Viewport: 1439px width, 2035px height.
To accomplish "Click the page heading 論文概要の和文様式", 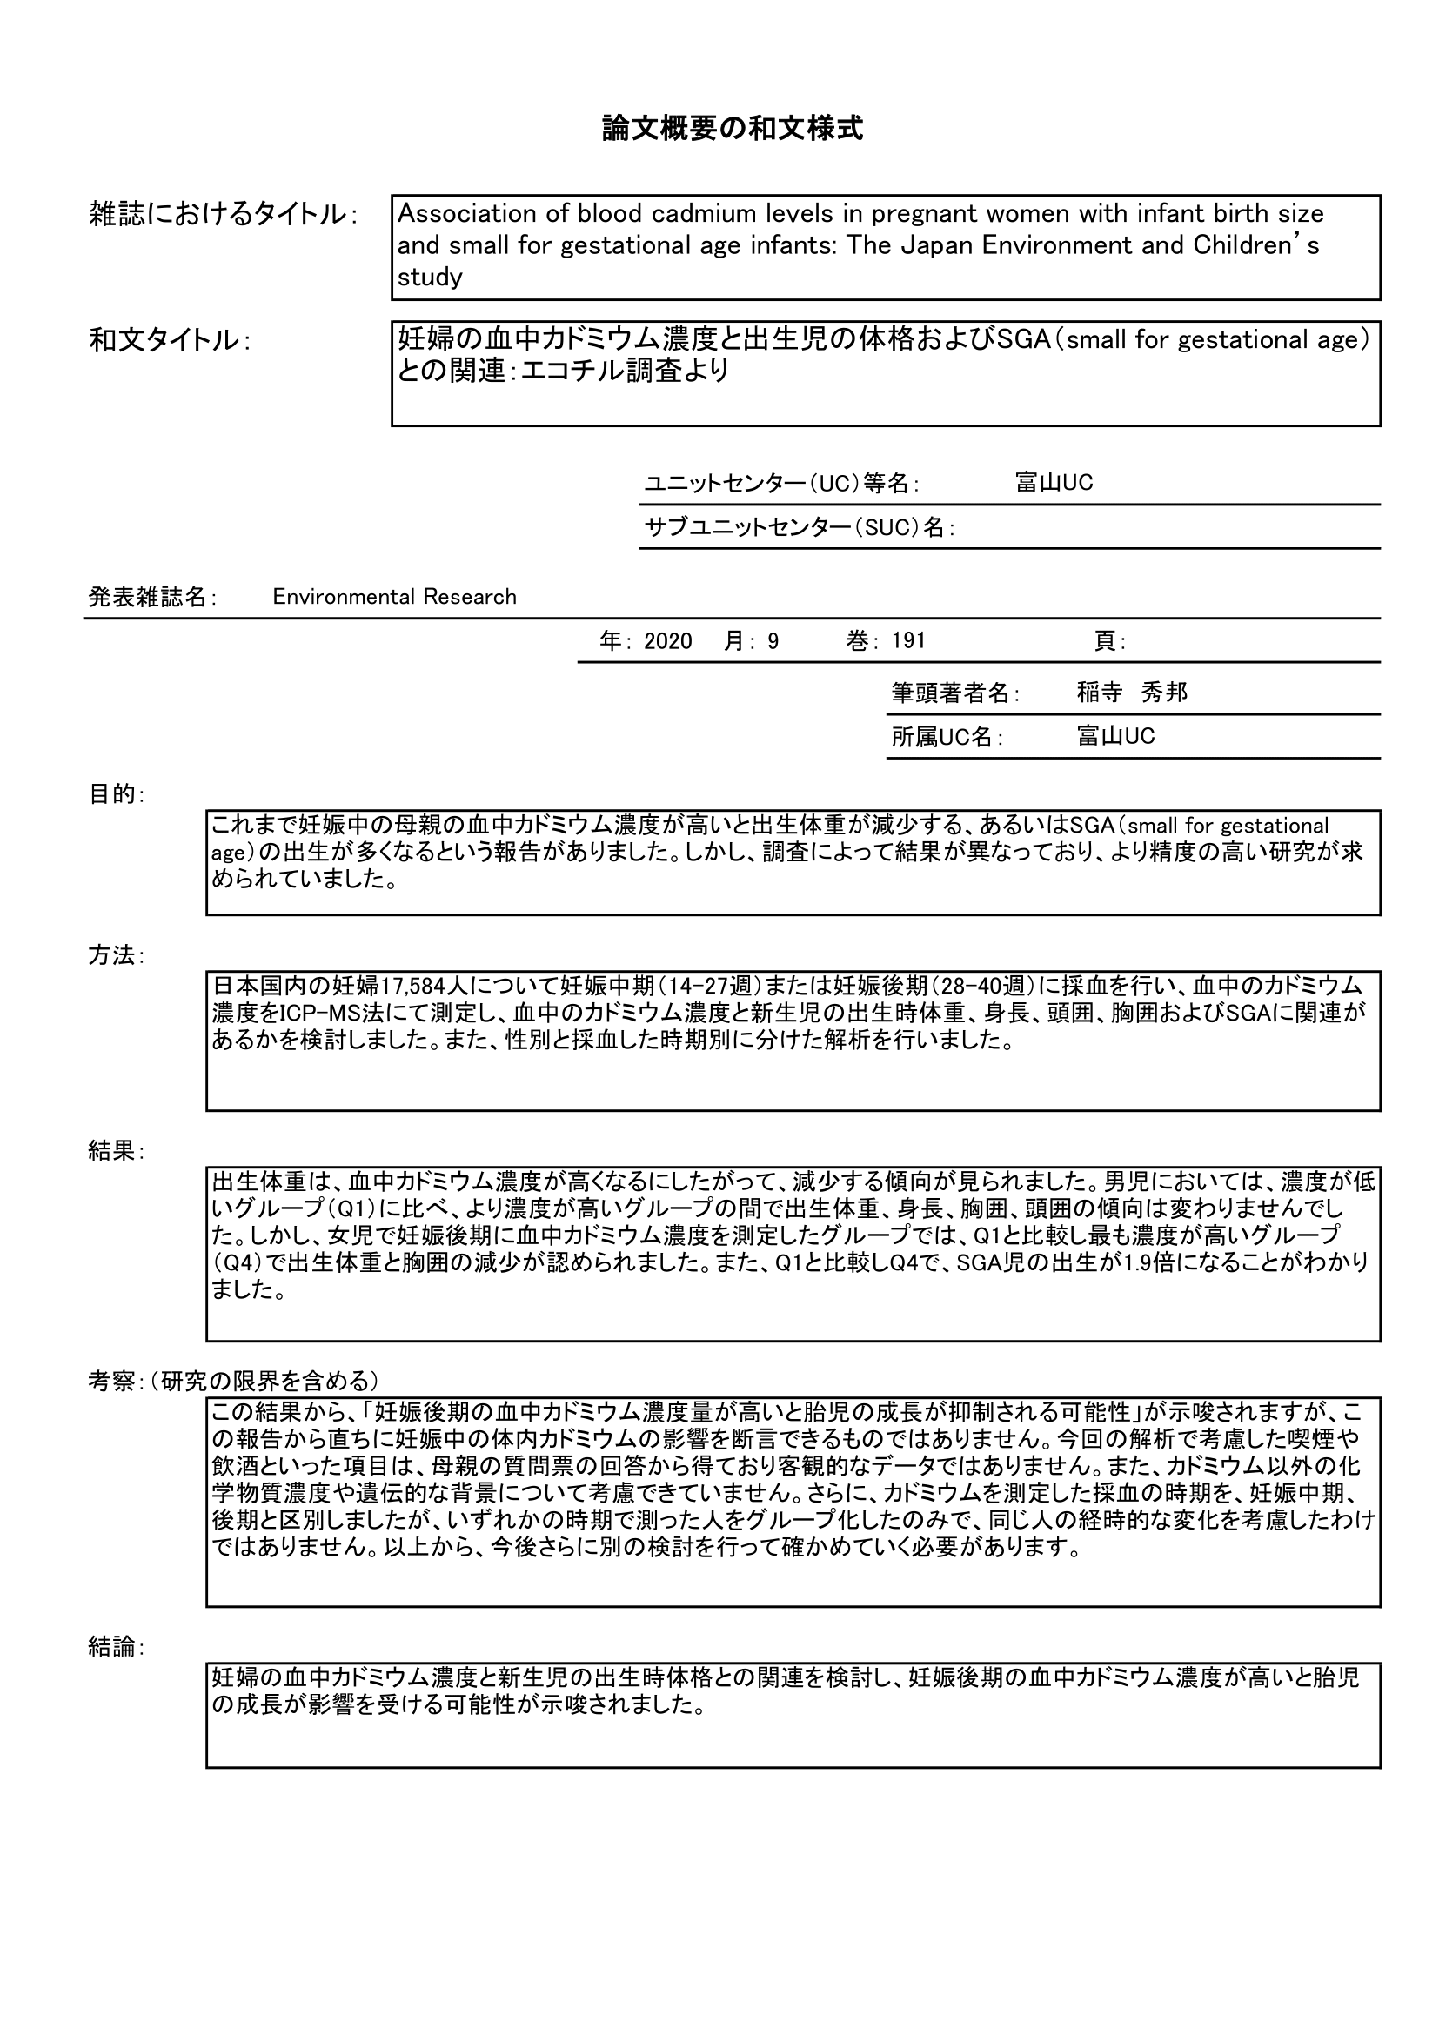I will [732, 130].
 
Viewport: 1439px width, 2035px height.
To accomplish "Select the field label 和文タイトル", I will [164, 340].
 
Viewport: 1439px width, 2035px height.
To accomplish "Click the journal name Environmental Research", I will [394, 597].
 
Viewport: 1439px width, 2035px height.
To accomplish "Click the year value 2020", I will [668, 641].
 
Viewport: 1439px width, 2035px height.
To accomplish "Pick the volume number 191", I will [908, 641].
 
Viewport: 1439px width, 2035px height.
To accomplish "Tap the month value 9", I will [773, 641].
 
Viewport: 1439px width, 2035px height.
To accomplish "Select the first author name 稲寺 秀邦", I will [1132, 693].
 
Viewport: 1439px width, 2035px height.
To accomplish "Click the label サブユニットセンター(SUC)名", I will [799, 527].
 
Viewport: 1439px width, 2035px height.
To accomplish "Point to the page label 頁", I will [1108, 641].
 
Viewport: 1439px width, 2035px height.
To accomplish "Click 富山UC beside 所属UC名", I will [1115, 737].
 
